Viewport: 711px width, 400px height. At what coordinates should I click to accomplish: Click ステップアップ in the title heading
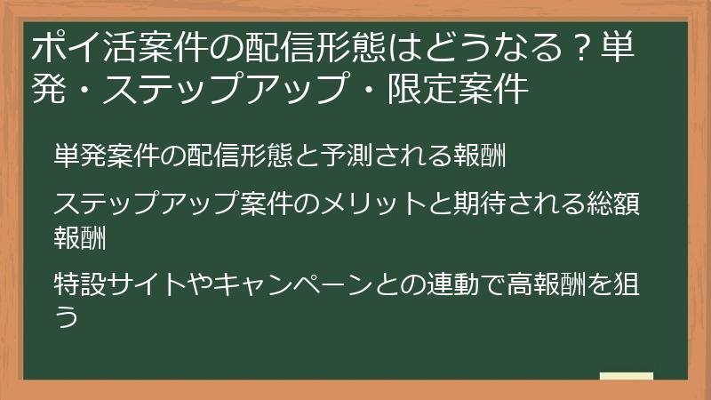pyautogui.click(x=221, y=89)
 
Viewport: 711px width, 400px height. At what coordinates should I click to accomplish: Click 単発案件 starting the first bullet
pyautogui.click(x=97, y=156)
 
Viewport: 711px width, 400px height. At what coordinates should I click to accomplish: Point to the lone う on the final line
pyautogui.click(x=65, y=316)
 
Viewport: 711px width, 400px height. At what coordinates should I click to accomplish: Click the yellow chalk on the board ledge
pyautogui.click(x=627, y=377)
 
